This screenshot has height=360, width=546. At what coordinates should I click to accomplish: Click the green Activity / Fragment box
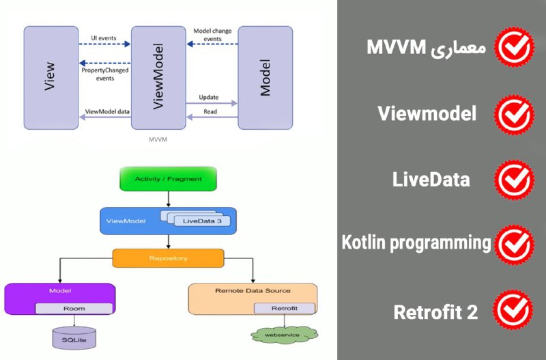tap(168, 179)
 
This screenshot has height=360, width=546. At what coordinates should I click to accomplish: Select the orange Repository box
tap(168, 258)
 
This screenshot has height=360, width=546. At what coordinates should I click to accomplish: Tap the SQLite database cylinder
tap(74, 337)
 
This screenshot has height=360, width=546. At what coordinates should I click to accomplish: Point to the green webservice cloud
tap(284, 335)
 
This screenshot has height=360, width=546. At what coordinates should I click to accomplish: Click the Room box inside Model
tap(74, 308)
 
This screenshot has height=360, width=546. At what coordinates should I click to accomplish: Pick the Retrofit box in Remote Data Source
tap(285, 308)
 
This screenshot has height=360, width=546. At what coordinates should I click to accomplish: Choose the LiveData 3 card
tap(202, 221)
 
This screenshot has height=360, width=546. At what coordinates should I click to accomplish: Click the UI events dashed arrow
tap(105, 44)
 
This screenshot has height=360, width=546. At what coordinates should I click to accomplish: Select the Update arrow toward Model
tap(212, 103)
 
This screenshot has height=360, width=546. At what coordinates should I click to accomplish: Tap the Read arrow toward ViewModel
tap(212, 117)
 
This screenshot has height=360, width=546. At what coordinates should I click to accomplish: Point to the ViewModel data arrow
tap(105, 117)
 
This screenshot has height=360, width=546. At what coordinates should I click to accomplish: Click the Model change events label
tap(212, 35)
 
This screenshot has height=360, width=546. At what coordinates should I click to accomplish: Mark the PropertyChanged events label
tap(105, 74)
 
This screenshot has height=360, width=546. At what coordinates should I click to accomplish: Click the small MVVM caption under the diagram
tap(158, 139)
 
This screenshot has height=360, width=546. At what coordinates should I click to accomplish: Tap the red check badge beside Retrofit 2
tap(513, 310)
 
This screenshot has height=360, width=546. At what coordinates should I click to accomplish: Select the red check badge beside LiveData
tap(515, 180)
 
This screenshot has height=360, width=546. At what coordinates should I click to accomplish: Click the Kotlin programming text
tap(416, 243)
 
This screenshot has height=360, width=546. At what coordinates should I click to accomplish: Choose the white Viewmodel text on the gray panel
tap(427, 113)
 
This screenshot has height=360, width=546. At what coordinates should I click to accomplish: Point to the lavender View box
tap(51, 78)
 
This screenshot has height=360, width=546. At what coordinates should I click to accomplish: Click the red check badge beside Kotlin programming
tap(515, 245)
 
